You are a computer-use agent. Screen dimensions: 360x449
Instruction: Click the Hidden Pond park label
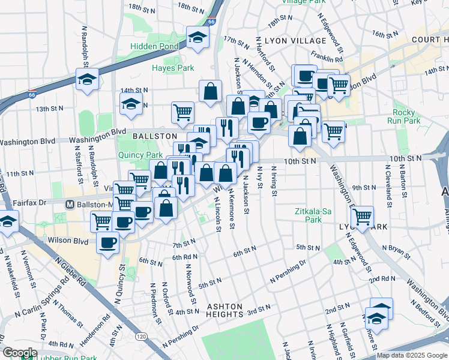[x=155, y=46]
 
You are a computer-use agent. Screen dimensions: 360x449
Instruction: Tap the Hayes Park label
[x=173, y=68]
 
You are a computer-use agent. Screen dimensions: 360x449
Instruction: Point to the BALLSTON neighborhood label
[x=155, y=136]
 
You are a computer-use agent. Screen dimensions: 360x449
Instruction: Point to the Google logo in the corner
[x=19, y=353]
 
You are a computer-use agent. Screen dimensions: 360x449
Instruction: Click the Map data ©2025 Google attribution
[x=412, y=355]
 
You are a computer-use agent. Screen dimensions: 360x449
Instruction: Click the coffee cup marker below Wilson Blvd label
[x=108, y=243]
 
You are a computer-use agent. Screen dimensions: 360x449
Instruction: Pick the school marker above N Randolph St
[x=88, y=79]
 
